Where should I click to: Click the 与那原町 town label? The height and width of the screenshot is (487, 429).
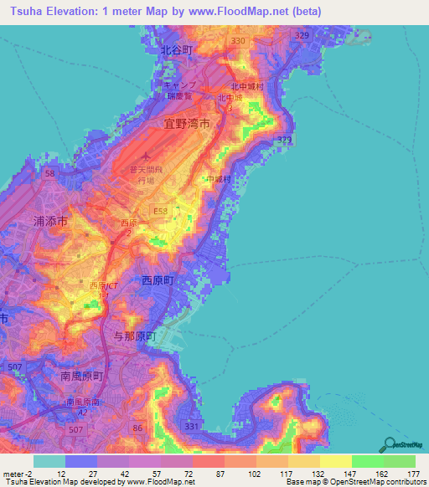135,336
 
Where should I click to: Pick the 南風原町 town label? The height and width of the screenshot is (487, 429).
81,377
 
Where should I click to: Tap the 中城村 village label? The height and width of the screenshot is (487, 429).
220,179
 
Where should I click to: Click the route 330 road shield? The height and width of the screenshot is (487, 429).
238,40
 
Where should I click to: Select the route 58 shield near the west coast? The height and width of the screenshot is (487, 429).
50,173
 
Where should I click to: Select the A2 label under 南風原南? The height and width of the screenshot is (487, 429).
82,412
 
